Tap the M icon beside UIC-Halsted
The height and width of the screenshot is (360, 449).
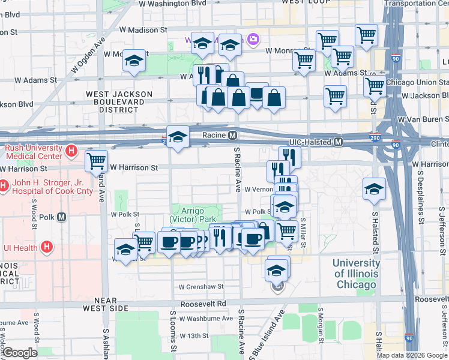click(x=338, y=142)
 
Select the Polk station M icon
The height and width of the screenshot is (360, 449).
click(x=61, y=217)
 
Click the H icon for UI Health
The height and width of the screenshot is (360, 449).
click(x=47, y=247)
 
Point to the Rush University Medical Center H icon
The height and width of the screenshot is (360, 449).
click(x=71, y=151)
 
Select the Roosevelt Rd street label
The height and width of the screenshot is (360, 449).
click(x=205, y=303)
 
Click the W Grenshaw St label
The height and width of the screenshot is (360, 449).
click(x=200, y=287)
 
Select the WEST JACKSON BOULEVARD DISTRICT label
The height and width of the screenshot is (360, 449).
click(x=112, y=102)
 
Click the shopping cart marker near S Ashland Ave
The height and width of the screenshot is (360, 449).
click(x=96, y=161)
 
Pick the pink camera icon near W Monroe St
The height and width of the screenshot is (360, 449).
click(x=253, y=40)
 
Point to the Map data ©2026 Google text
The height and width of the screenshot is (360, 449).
click(x=412, y=355)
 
